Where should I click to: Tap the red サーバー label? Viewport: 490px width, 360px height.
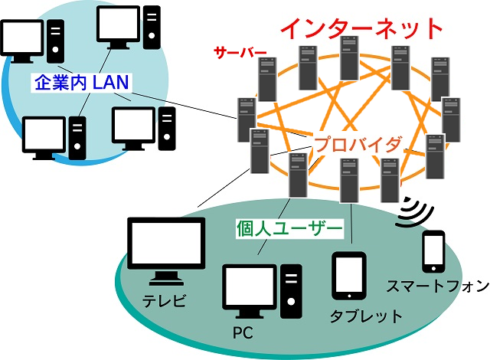pyautogui.click(x=240, y=54)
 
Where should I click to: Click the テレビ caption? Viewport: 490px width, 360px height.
pyautogui.click(x=164, y=299)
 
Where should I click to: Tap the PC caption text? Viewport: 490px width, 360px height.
pyautogui.click(x=242, y=333)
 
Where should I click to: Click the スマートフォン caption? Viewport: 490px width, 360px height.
pyautogui.click(x=438, y=286)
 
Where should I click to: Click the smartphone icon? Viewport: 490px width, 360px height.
pyautogui.click(x=434, y=251)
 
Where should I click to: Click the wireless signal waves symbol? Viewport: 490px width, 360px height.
pyautogui.click(x=413, y=214)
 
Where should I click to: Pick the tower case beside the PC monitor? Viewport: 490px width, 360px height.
pyautogui.click(x=291, y=291)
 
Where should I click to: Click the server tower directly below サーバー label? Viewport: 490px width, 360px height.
pyautogui.click(x=266, y=81)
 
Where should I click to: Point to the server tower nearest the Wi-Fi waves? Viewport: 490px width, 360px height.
pyautogui.click(x=389, y=178)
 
